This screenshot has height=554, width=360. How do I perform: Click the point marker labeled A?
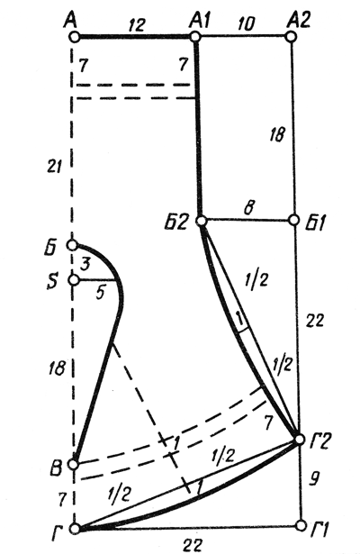click(74, 36)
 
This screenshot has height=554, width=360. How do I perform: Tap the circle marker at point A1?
click(195, 36)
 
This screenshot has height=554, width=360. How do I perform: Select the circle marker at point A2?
click(291, 36)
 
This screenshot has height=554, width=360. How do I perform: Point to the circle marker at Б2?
click(202, 222)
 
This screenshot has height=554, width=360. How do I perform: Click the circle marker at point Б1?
click(294, 220)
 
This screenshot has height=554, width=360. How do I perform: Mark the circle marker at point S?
click(74, 280)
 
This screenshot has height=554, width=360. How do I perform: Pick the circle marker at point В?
click(74, 464)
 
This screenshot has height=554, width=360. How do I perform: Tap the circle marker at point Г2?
click(300, 440)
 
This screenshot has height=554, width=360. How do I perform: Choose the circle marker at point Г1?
click(301, 525)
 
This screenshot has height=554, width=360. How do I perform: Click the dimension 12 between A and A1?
click(137, 24)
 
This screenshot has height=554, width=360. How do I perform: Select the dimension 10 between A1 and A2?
click(246, 24)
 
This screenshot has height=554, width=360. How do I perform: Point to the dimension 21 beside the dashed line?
click(55, 166)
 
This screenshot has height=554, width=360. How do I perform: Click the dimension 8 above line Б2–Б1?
click(248, 208)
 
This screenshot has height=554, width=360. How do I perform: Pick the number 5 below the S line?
click(101, 293)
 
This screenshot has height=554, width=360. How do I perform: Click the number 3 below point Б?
click(85, 263)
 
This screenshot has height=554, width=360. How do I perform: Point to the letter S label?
click(52, 283)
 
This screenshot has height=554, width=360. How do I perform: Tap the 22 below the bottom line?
click(193, 544)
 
